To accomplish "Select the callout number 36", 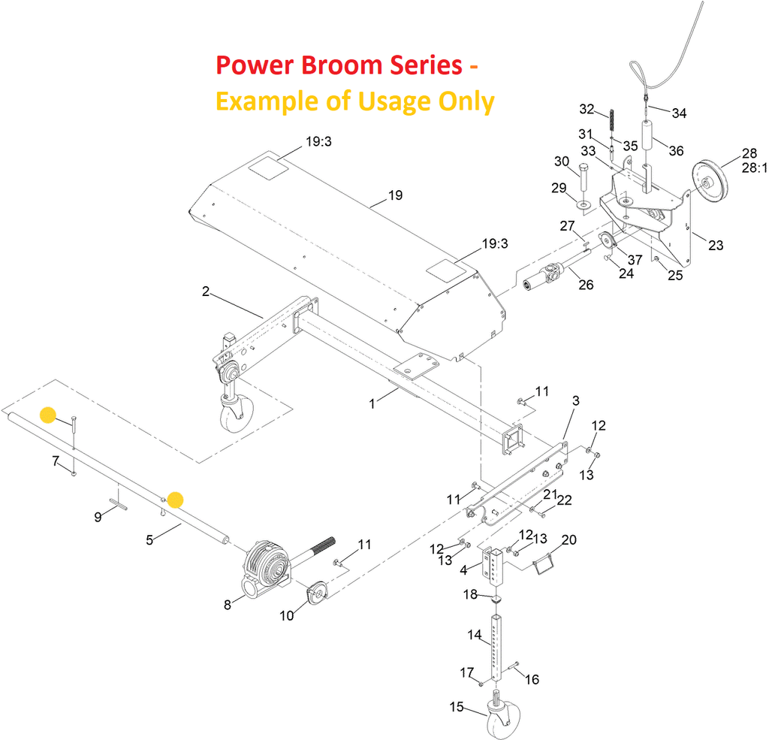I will tap(676, 150).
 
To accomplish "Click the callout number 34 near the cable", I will tap(679, 113).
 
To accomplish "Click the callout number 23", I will tap(716, 245).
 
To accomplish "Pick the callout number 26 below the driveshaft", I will tap(585, 284).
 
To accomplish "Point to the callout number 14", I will tap(474, 635).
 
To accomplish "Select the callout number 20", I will tap(568, 540).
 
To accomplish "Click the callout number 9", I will tap(98, 517).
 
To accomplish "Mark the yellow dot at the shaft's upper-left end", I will tap(48, 415).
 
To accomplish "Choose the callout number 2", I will tap(205, 291).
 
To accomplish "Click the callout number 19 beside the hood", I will tap(395, 195).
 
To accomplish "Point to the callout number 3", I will tap(576, 401).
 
